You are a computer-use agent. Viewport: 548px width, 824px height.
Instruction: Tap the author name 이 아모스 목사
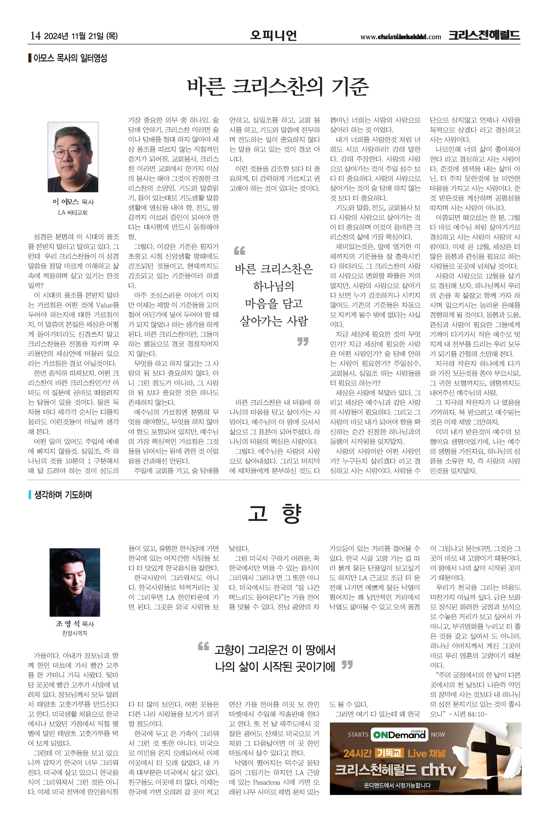tap(73, 202)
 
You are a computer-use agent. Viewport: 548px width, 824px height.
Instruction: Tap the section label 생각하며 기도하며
tap(63, 495)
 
